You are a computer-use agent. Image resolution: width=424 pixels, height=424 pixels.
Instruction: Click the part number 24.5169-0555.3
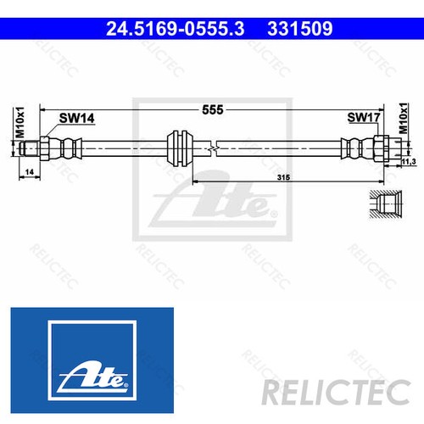[x=173, y=29]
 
